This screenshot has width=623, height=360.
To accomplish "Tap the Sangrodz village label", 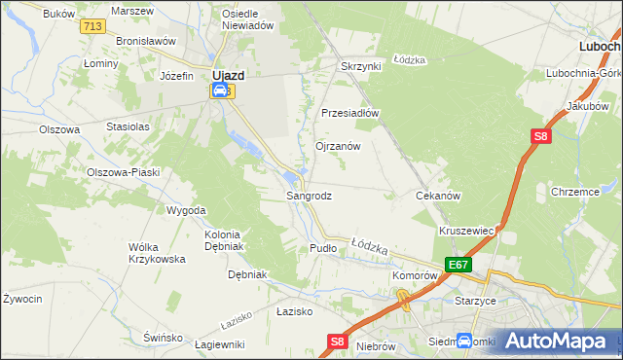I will pyautogui.click(x=309, y=196).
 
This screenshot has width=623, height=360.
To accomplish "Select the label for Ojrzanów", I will pyautogui.click(x=338, y=146).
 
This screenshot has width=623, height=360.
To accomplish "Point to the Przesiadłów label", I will pyautogui.click(x=349, y=112).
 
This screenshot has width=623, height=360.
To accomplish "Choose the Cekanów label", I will pyautogui.click(x=437, y=196).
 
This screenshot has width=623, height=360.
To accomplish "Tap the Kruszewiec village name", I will pyautogui.click(x=468, y=231).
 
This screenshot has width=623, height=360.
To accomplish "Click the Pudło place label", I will pyautogui.click(x=322, y=248).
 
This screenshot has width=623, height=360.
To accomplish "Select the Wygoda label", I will pyautogui.click(x=186, y=210).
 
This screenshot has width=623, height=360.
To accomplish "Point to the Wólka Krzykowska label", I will pyautogui.click(x=157, y=253).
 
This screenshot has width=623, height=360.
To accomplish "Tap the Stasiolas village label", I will pyautogui.click(x=128, y=126).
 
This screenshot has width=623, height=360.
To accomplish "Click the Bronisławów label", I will pyautogui.click(x=145, y=42).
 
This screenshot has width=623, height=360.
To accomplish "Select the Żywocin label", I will pyautogui.click(x=21, y=299).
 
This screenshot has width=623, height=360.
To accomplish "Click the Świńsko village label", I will pyautogui.click(x=163, y=337).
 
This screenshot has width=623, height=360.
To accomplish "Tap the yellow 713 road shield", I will pyautogui.click(x=93, y=26).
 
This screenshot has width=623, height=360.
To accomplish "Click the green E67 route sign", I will pyautogui.click(x=458, y=265).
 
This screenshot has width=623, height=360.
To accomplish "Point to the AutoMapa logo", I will pyautogui.click(x=556, y=341).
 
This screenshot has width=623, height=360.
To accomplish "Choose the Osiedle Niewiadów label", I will pyautogui.click(x=247, y=20).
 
